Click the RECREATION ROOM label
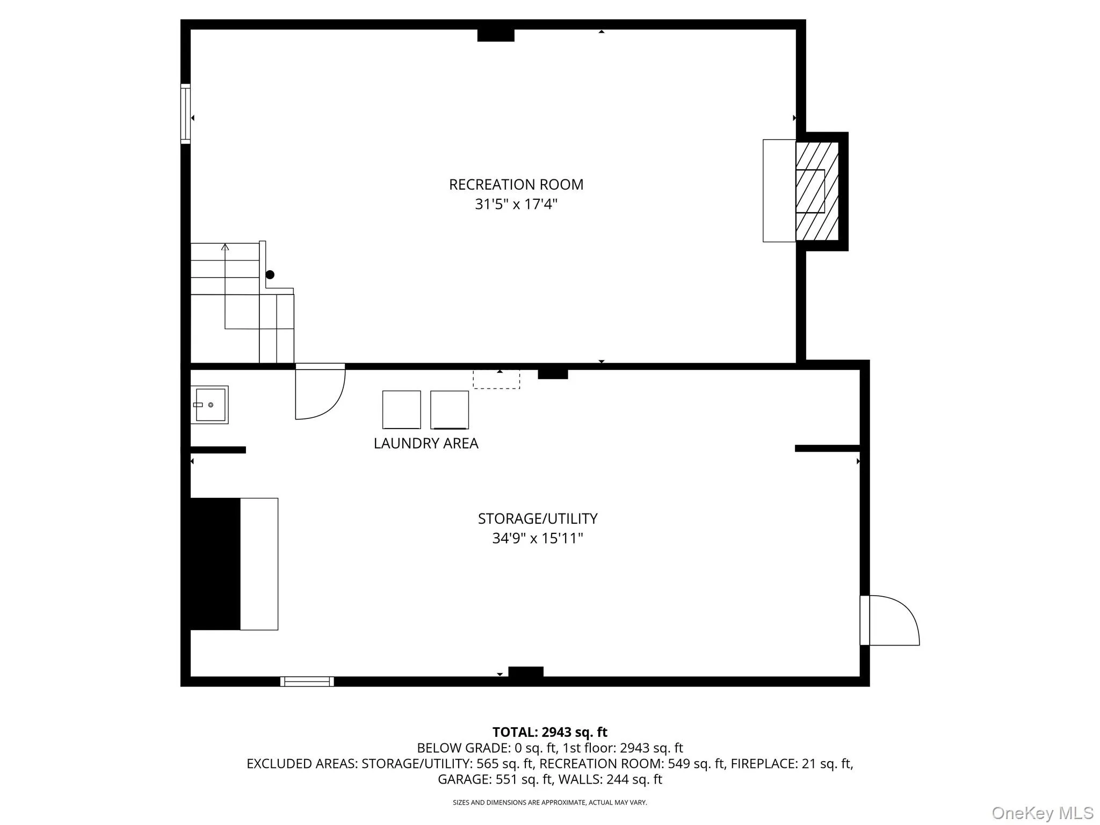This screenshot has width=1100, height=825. (516, 184)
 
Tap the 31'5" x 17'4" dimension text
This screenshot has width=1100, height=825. (516, 204)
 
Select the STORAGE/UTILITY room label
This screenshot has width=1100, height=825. (537, 518)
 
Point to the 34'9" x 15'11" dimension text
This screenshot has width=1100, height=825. (537, 538)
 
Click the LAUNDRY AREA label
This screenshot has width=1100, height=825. (426, 443)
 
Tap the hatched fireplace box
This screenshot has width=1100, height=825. (816, 191)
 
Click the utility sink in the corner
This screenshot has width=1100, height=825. (209, 404)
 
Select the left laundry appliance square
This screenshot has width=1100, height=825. (401, 409)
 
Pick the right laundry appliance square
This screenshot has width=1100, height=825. (450, 409)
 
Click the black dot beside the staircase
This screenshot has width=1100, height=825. (270, 274)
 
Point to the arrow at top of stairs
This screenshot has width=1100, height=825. (225, 247)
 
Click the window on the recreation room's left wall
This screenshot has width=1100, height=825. (185, 113)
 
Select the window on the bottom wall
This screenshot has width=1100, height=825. (307, 682)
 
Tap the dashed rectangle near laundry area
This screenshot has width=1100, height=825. (496, 379)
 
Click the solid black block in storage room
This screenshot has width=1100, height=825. (215, 564)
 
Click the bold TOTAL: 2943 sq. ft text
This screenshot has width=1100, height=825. (549, 732)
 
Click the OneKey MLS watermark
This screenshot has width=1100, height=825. (1042, 813)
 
